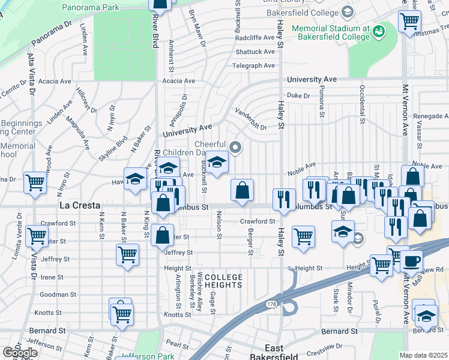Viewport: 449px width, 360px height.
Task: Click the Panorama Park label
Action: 91,8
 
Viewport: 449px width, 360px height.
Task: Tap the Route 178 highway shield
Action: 271,305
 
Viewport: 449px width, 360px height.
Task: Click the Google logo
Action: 20,353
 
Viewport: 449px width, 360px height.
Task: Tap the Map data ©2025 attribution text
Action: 423,355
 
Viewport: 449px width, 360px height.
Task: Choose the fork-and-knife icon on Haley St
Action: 284,199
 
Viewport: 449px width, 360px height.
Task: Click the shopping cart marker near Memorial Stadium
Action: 409,21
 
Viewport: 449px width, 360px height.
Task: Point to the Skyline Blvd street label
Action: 113,148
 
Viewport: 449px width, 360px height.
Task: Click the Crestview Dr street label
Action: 327,348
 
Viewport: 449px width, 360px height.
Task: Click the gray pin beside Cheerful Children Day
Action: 235,146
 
